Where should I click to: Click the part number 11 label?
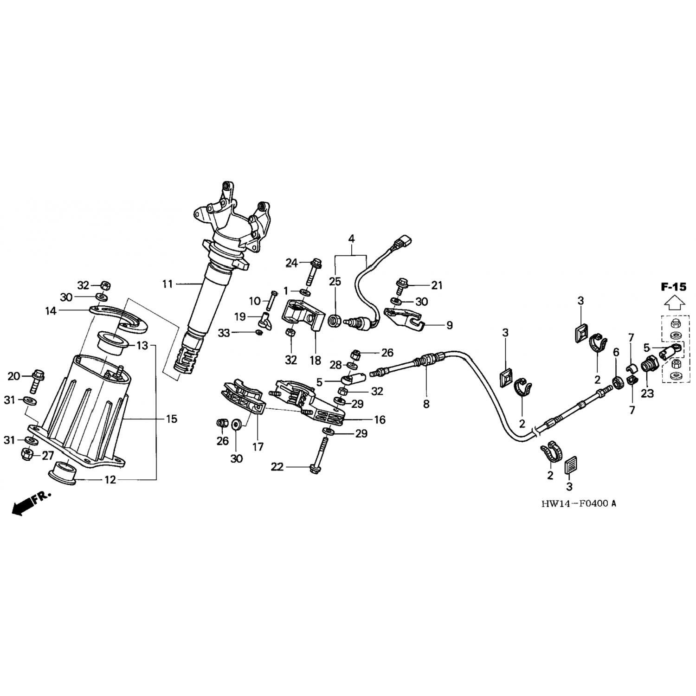pos(168,284)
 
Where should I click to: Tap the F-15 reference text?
pos(673,287)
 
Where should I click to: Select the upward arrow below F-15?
pos(673,303)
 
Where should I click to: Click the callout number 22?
pos(277,467)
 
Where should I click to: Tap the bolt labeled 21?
pos(402,284)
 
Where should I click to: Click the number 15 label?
pos(171,419)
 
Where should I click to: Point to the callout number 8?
pos(426,404)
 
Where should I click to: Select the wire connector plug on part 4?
pos(402,242)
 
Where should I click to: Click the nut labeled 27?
pos(26,454)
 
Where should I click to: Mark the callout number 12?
pos(110,480)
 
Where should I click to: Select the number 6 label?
pos(616,353)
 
